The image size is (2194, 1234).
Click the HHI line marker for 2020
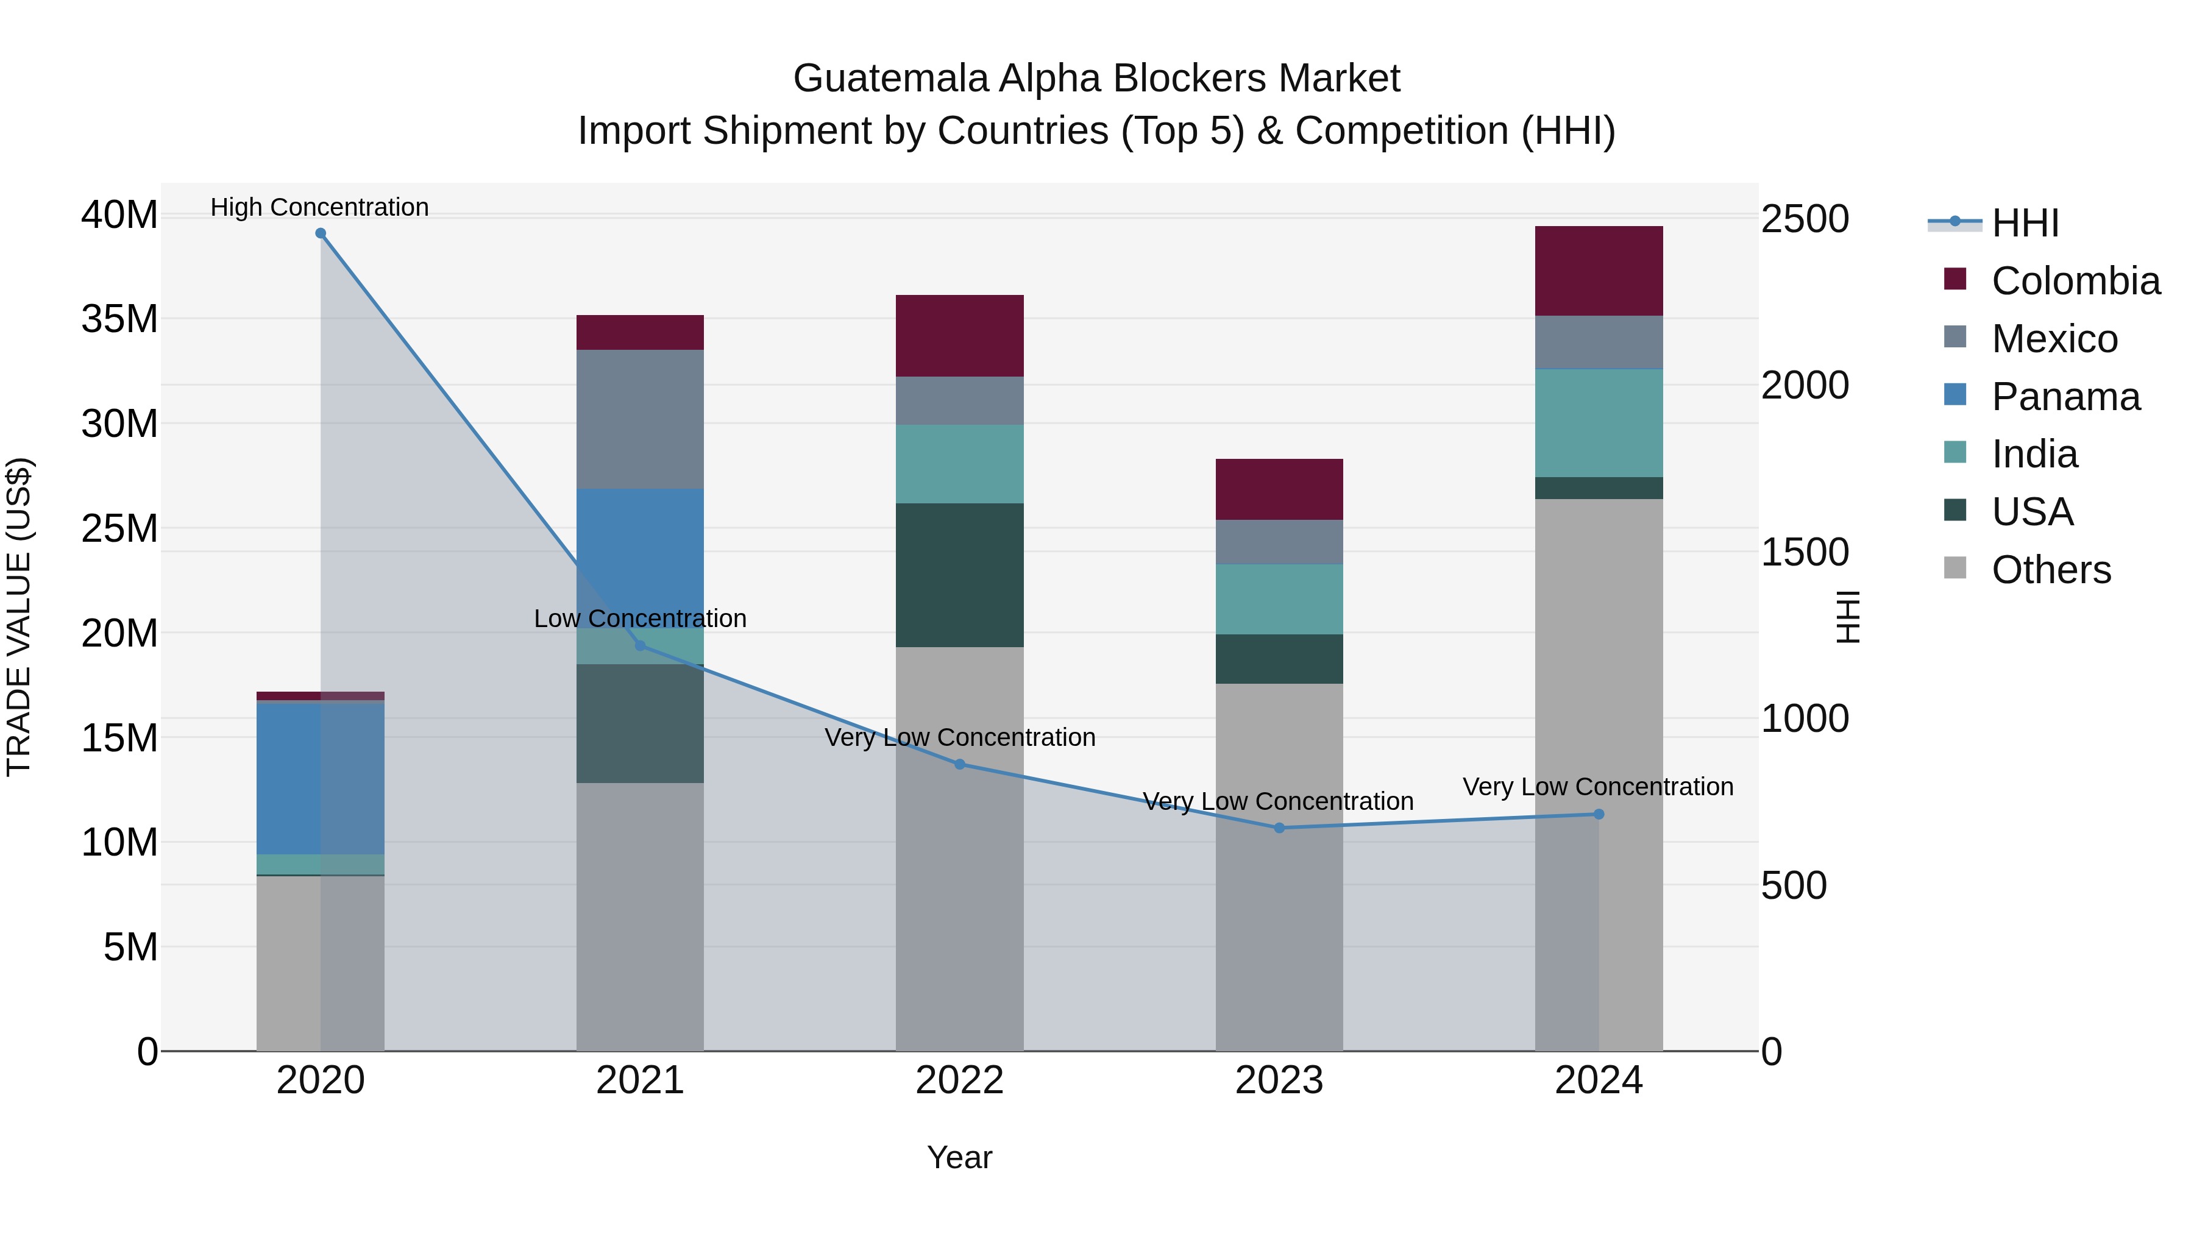(x=320, y=233)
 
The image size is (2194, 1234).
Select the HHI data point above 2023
(x=1279, y=828)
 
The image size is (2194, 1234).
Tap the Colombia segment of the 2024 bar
(x=1598, y=271)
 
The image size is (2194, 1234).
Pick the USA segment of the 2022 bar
(x=959, y=575)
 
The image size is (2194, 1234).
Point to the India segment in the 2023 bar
(x=1279, y=598)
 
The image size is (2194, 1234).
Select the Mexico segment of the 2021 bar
(x=640, y=419)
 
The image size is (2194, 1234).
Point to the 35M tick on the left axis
(x=119, y=319)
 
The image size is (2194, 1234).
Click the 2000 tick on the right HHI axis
(x=1804, y=385)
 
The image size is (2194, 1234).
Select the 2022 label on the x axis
(x=959, y=1080)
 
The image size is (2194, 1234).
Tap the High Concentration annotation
(x=319, y=207)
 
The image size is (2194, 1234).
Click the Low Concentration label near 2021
(x=640, y=619)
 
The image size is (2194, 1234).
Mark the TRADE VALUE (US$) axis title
(x=19, y=617)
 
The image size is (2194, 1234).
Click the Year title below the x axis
(x=959, y=1157)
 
